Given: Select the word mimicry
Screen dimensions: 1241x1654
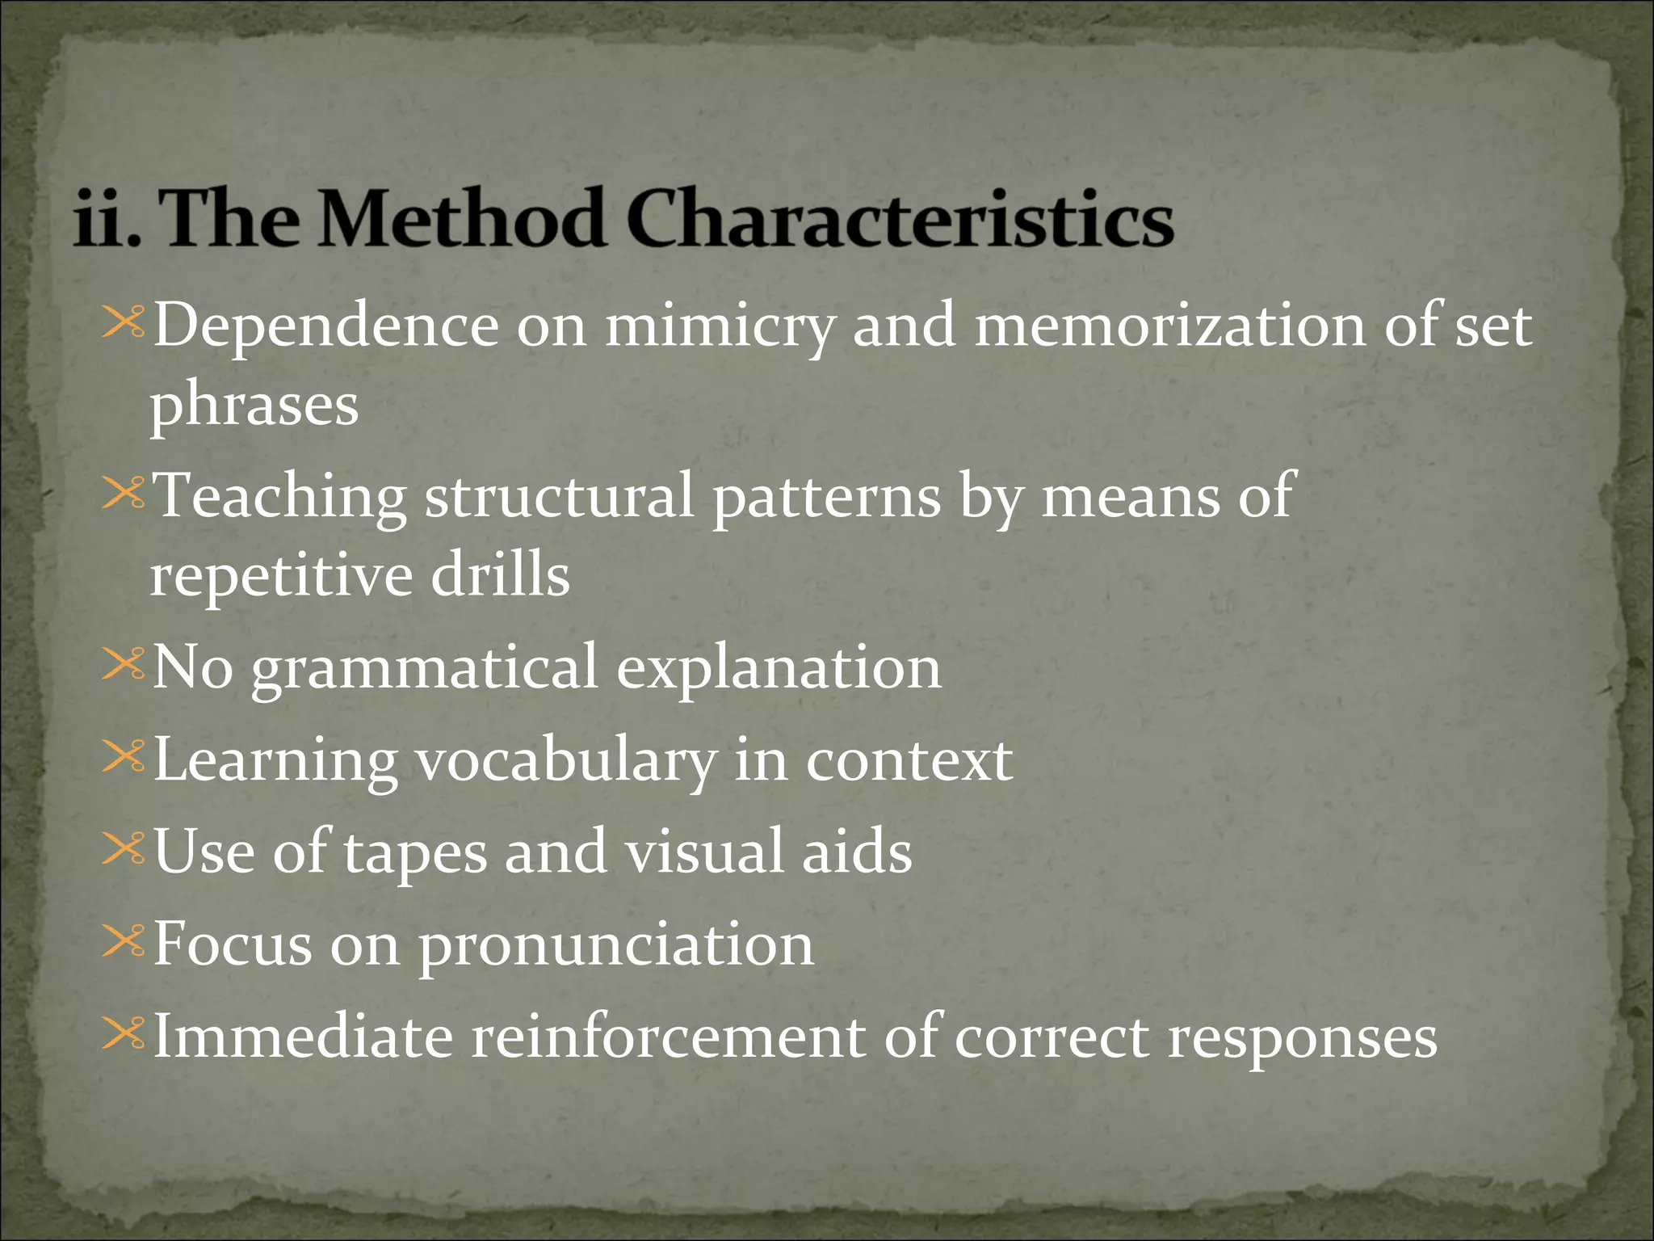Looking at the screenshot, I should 720,327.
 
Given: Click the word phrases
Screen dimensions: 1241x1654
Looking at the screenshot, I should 254,406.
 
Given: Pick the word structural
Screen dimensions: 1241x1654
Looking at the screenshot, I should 559,496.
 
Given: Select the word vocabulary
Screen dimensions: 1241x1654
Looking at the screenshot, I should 565,762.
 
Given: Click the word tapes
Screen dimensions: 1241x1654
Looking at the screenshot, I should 415,854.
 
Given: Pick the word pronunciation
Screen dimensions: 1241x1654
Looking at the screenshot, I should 615,946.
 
